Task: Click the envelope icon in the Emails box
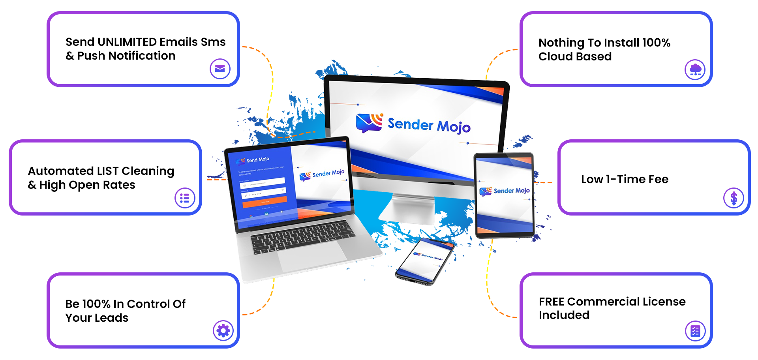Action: point(220,69)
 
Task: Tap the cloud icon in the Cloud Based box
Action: point(695,70)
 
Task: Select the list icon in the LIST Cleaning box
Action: point(185,198)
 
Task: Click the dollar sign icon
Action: point(734,198)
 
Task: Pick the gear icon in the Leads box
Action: point(223,330)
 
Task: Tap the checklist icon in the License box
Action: point(695,331)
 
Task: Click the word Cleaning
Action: point(148,171)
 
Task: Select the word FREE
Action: point(552,302)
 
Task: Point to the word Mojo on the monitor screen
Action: point(454,127)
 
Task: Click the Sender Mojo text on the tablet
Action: point(511,191)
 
